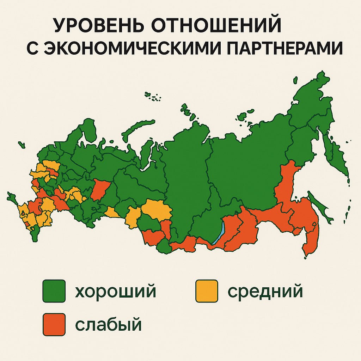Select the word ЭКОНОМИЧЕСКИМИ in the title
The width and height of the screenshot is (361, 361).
(152, 48)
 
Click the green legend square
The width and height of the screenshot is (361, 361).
(54, 291)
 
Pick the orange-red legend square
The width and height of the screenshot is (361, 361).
(54, 324)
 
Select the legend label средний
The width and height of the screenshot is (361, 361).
(265, 292)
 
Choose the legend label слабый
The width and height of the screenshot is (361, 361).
(108, 324)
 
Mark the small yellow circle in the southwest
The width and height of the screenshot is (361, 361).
(23, 213)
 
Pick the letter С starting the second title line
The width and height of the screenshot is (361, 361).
(33, 48)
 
